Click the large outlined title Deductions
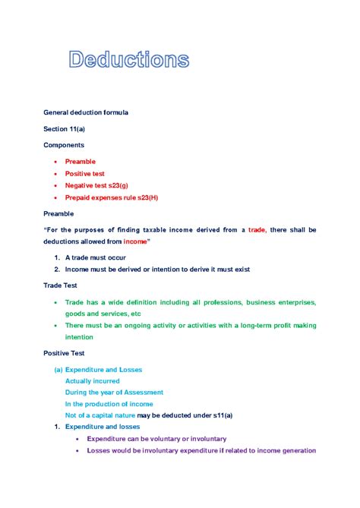(x=129, y=60)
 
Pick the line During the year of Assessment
(x=114, y=393)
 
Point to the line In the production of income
(x=110, y=404)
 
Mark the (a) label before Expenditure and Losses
(x=58, y=370)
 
